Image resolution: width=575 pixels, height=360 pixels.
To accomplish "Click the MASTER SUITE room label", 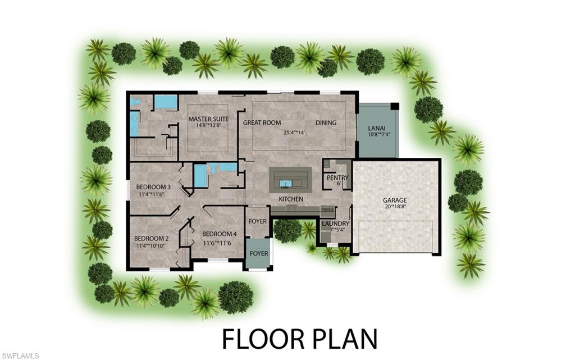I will pyautogui.click(x=208, y=119).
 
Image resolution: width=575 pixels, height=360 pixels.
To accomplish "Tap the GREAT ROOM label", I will pyautogui.click(x=262, y=122).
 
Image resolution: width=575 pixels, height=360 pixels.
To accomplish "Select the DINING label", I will pyautogui.click(x=326, y=123).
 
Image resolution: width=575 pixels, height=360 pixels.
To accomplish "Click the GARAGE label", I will pyautogui.click(x=395, y=200).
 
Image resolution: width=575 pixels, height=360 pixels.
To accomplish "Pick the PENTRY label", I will pyautogui.click(x=337, y=178).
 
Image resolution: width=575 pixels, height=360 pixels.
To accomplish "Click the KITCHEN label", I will pyautogui.click(x=291, y=199).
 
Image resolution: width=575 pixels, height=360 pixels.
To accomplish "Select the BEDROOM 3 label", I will pyautogui.click(x=153, y=187).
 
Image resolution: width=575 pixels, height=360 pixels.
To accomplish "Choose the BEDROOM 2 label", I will pyautogui.click(x=151, y=238).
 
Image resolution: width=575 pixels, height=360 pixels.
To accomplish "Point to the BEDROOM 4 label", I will pyautogui.click(x=220, y=234).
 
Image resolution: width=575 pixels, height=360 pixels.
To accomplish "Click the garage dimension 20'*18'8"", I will pyautogui.click(x=395, y=207).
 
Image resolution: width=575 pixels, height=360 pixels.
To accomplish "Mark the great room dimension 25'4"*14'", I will pyautogui.click(x=296, y=133).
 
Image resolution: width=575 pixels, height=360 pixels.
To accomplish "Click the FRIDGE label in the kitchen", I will pyautogui.click(x=327, y=209).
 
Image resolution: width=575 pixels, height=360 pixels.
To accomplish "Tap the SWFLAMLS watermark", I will pyautogui.click(x=20, y=356).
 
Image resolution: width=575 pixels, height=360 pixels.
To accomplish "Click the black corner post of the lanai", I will pyautogui.click(x=395, y=106).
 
